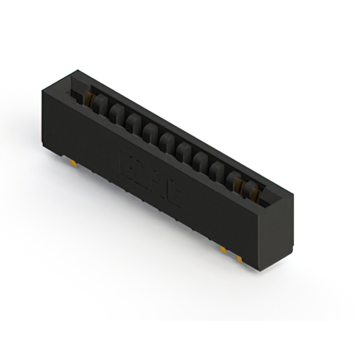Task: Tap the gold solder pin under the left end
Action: pyautogui.click(x=74, y=164)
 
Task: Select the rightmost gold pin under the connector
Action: pyautogui.click(x=239, y=258)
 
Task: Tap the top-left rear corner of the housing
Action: pyautogui.click(x=77, y=70)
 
